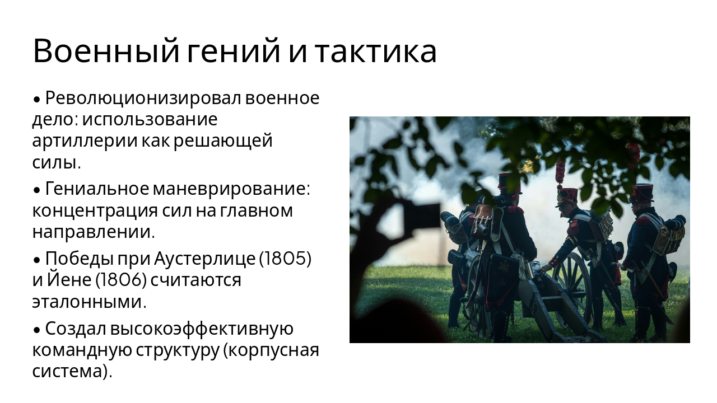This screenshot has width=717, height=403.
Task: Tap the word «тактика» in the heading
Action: click(x=375, y=51)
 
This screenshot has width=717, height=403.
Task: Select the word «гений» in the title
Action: click(x=233, y=51)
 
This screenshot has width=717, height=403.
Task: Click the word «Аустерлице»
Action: click(x=204, y=259)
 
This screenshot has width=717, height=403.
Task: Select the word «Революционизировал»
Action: click(x=143, y=98)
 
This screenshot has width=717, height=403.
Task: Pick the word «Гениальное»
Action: click(x=96, y=189)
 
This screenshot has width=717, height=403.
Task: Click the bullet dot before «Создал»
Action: click(x=36, y=330)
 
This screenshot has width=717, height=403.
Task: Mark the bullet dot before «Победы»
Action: click(x=36, y=260)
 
